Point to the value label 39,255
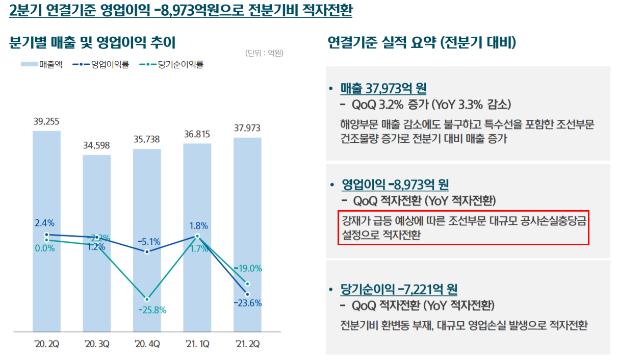[x=46, y=121]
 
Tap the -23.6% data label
[x=247, y=303]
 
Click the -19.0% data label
[x=248, y=268]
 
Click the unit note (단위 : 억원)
[x=264, y=53]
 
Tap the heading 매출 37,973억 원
[x=383, y=88]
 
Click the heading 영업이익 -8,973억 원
[x=395, y=184]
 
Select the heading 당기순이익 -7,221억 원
[x=399, y=290]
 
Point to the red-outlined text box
[x=463, y=227]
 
